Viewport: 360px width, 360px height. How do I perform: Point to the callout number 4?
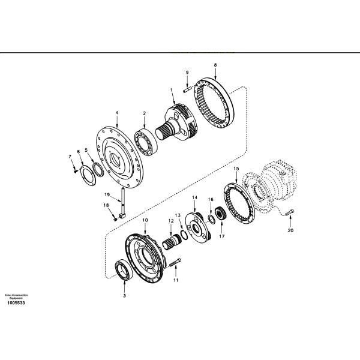[116, 112]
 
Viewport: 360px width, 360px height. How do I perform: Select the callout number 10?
[145, 220]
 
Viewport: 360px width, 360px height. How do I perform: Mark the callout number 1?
[172, 90]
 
